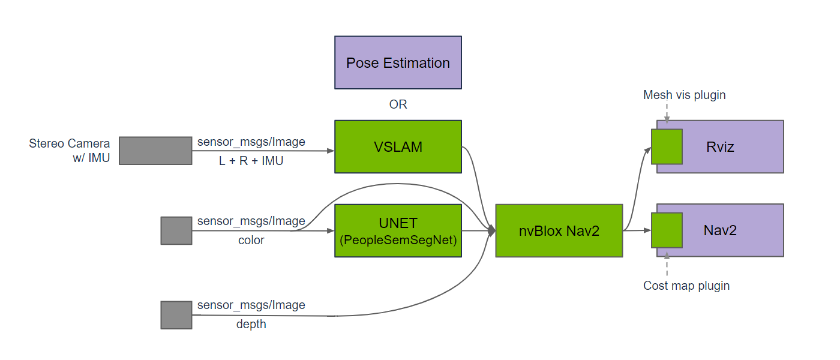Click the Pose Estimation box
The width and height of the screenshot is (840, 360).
(x=398, y=62)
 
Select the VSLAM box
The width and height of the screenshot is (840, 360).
(x=398, y=146)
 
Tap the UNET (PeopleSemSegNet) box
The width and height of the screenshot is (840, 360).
(x=398, y=230)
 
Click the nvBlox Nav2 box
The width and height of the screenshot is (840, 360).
(x=559, y=230)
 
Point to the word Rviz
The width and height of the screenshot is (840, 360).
(x=720, y=146)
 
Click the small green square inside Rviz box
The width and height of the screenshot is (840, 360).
(x=667, y=146)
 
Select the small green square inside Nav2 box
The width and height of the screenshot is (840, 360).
(x=667, y=230)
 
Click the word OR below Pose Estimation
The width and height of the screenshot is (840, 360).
(x=398, y=104)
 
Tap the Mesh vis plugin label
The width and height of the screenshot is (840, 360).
(x=684, y=95)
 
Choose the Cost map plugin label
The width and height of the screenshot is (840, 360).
(x=686, y=286)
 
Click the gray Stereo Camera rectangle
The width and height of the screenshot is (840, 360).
(x=155, y=150)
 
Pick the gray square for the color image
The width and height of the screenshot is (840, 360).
(x=176, y=230)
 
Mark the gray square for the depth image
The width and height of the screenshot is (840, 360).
(x=176, y=315)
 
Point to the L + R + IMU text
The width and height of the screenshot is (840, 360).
(x=251, y=161)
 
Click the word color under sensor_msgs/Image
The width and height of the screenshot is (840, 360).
(x=251, y=240)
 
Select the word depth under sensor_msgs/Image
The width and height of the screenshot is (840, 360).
(x=251, y=325)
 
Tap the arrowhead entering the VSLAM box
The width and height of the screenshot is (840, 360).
(x=330, y=151)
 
